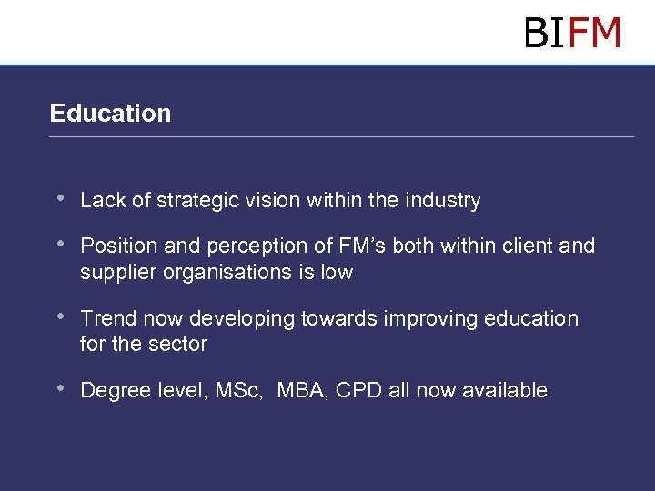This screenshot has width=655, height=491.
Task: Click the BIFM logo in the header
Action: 572,33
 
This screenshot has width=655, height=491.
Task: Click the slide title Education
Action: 110,114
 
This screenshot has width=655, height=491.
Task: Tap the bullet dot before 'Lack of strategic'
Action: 60,198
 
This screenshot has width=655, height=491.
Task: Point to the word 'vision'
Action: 267,201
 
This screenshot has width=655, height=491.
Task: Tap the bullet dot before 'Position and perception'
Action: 60,244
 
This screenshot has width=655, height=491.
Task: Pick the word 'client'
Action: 529,246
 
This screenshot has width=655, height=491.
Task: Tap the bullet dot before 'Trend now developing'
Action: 60,316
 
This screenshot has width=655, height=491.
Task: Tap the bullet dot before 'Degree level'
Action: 60,388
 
